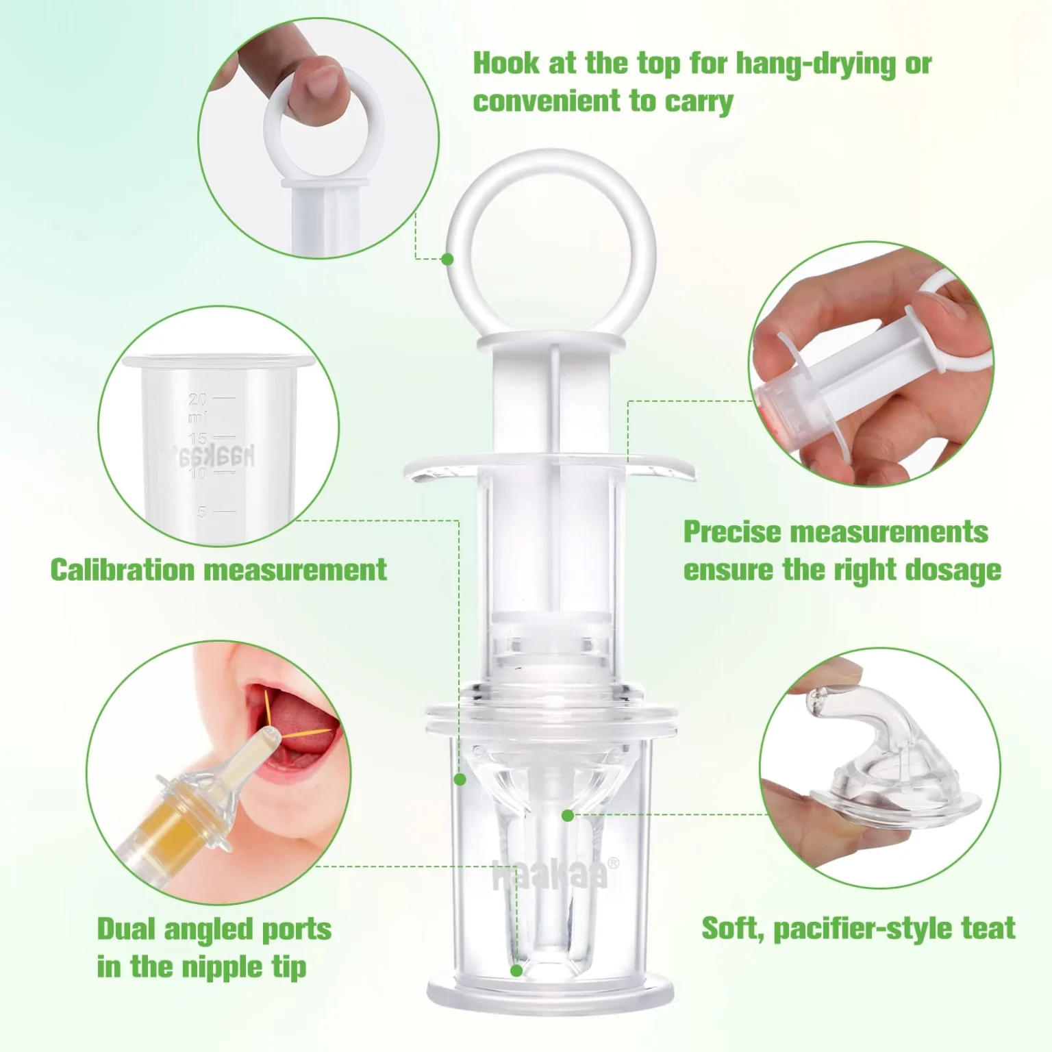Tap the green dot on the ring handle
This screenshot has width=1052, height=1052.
(x=447, y=259)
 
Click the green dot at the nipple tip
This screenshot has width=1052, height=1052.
(x=516, y=970)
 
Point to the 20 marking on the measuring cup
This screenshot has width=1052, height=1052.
(x=197, y=399)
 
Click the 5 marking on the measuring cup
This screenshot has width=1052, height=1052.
(x=201, y=512)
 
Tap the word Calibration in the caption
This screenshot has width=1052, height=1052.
(x=123, y=570)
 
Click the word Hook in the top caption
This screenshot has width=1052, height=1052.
(x=506, y=64)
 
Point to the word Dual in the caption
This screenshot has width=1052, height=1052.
(x=126, y=929)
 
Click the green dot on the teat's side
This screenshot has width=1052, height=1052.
(x=567, y=815)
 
